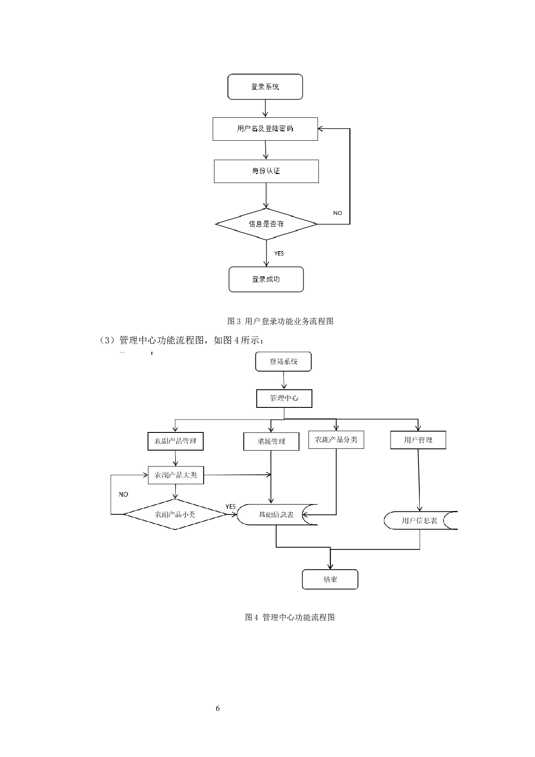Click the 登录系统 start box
point(265,87)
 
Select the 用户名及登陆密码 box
point(265,129)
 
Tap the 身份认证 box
point(266,171)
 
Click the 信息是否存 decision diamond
point(266,224)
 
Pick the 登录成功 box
point(266,279)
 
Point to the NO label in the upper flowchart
point(337,213)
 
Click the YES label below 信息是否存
point(279,253)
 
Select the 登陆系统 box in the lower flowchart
point(283,362)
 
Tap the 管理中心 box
point(284,398)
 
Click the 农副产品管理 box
point(175,441)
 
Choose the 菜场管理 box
point(271,442)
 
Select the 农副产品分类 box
point(336,440)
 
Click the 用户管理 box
point(418,440)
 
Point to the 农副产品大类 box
point(176,475)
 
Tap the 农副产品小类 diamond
point(175,514)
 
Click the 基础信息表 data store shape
point(276,514)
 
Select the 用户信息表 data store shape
point(419,520)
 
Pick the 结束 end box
point(330,579)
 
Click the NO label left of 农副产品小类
point(123,495)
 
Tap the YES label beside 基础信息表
point(230,506)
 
